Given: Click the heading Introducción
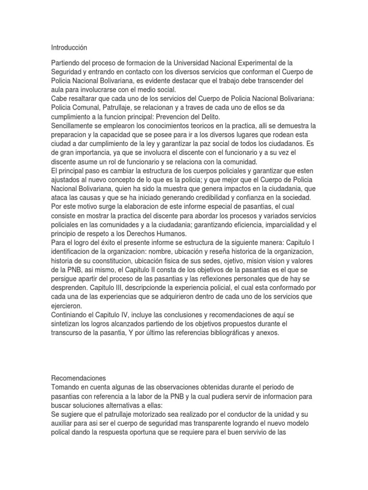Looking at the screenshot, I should click(x=70, y=48).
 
